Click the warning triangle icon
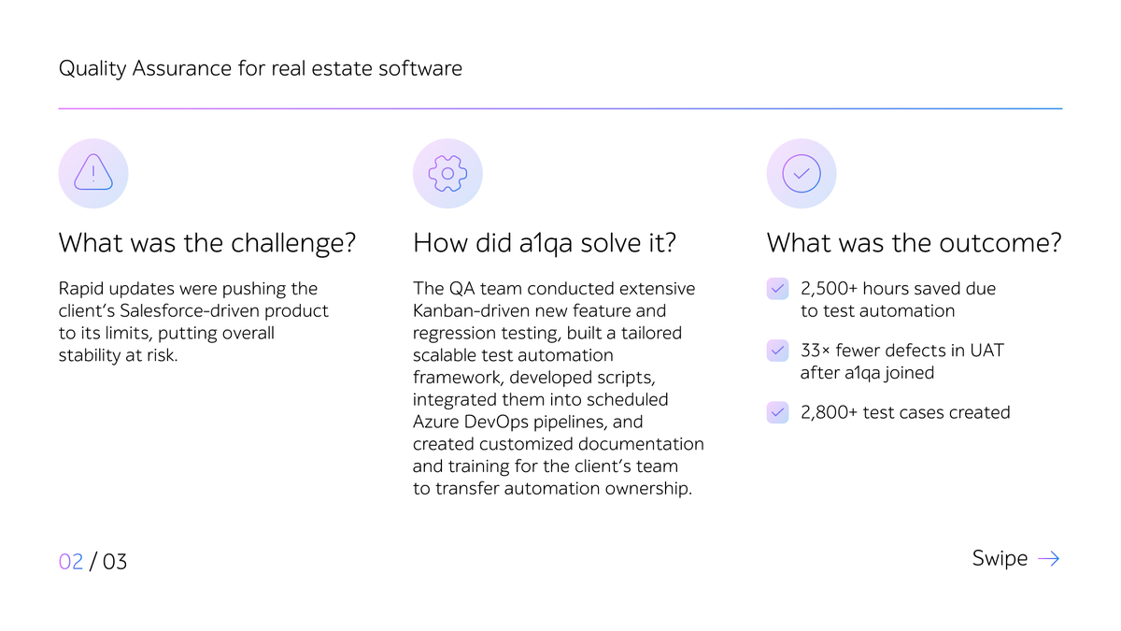click(93, 173)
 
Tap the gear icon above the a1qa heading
click(447, 173)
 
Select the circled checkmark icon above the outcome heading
click(802, 173)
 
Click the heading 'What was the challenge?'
click(207, 243)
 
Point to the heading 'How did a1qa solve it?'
click(545, 243)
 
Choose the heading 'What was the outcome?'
click(914, 243)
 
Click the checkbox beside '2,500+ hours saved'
click(778, 289)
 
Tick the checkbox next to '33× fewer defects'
click(778, 351)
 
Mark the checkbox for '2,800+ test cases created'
click(778, 412)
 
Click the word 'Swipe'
click(1000, 558)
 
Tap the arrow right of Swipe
click(1049, 559)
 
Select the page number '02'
click(71, 562)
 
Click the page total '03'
click(114, 562)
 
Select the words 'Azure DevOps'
click(465, 422)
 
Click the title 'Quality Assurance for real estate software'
click(260, 68)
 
